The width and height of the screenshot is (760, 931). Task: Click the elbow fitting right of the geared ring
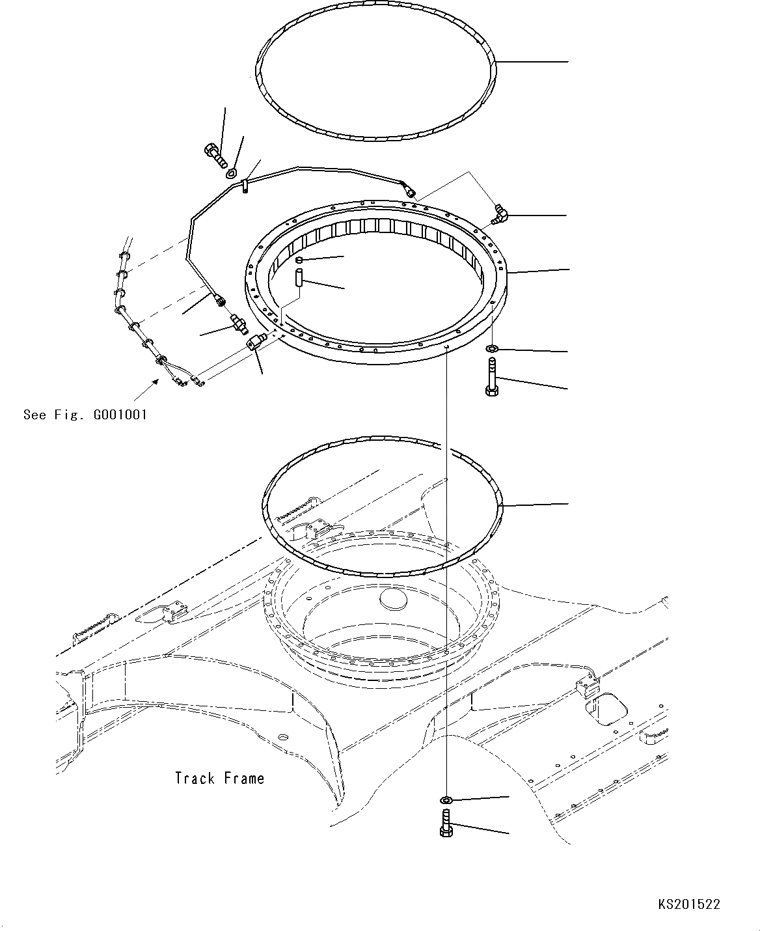[500, 215]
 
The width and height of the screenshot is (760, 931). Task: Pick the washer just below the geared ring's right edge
[492, 350]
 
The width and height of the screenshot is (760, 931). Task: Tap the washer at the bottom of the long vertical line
[446, 799]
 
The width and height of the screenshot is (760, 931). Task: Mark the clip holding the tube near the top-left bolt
[245, 186]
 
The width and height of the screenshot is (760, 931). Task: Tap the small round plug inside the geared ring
[300, 260]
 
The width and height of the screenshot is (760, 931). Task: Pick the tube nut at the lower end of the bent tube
[219, 299]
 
